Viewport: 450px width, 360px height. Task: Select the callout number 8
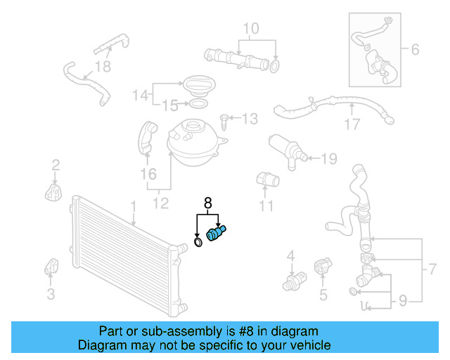point(207,203)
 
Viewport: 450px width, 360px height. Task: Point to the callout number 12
point(161,204)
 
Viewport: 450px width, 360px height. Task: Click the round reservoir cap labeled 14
point(199,88)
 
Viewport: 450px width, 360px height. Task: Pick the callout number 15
point(166,106)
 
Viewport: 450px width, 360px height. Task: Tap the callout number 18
point(103,67)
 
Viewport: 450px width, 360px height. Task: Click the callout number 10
point(250,29)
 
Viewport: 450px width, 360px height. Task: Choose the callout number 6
point(414,50)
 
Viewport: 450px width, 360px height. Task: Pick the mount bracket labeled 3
point(51,267)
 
